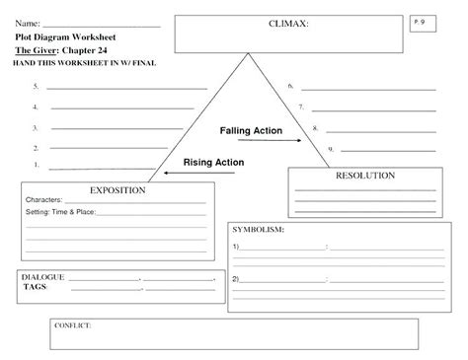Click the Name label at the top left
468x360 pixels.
point(26,23)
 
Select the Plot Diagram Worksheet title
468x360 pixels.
point(56,36)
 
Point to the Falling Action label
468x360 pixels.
point(251,130)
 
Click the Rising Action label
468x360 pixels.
point(214,162)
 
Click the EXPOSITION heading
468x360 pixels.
point(118,189)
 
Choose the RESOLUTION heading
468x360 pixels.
point(365,176)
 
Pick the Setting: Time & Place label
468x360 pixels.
point(60,212)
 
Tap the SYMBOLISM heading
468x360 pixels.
point(259,229)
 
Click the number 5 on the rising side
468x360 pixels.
point(35,87)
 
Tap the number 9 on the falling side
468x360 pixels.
point(331,148)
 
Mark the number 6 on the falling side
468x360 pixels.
point(290,87)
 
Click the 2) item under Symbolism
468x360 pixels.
point(236,278)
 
